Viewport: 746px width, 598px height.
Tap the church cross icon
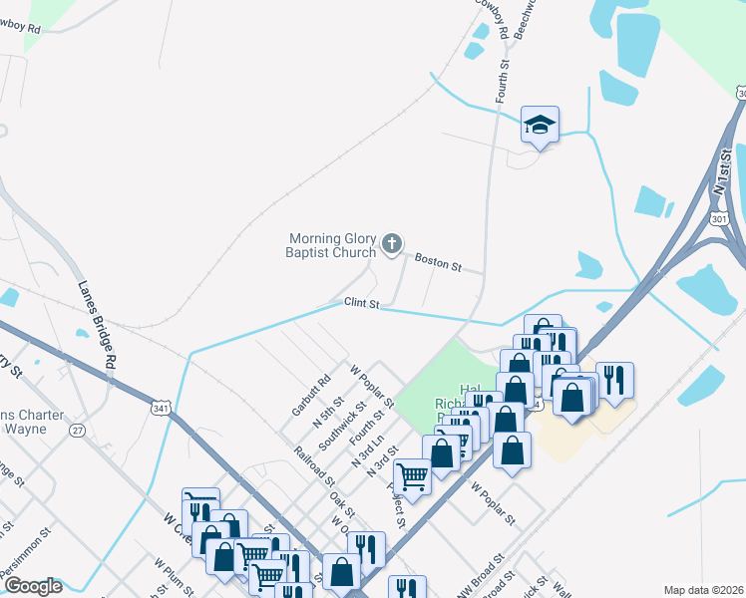click(x=393, y=242)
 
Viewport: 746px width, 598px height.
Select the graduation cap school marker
click(x=540, y=125)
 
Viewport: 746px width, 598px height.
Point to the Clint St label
click(x=363, y=303)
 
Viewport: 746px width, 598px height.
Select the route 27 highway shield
click(x=77, y=430)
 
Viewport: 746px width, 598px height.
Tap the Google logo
click(x=33, y=586)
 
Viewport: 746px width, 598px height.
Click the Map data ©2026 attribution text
click(x=702, y=590)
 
